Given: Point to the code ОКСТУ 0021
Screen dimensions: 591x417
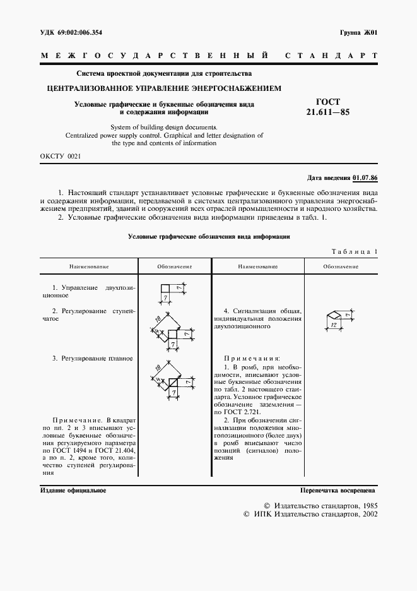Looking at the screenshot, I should coord(59,155).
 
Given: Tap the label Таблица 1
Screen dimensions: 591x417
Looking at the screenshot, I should coord(355,252).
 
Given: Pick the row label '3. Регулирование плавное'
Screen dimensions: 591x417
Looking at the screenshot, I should coord(92,358).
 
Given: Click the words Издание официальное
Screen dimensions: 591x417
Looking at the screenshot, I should coord(73,490).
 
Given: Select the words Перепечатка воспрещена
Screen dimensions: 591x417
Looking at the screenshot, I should coord(339,490).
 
